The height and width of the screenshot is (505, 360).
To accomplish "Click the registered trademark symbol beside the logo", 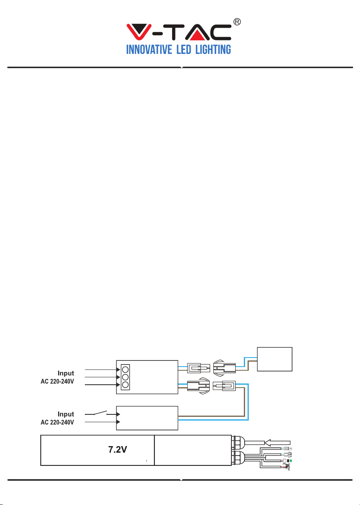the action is pos(237,22).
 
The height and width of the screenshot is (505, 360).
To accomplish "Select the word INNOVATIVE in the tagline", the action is pos(149,49).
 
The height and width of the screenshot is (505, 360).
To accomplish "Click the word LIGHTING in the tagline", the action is pos(213,49).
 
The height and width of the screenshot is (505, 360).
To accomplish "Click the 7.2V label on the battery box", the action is pos(117,449).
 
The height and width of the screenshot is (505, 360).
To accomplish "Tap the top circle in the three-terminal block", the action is pos(125,370).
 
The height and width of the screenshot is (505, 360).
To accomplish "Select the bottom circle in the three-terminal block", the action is pos(125,385).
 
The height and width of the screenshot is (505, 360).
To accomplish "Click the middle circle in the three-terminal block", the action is pos(125,377).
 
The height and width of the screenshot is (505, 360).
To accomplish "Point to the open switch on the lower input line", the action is pos(101,413).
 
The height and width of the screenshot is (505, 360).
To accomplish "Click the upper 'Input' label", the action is pos(66,373).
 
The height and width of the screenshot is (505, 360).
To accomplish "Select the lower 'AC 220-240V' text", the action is pos(57,422).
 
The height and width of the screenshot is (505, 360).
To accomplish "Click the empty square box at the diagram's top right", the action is pos(275,359).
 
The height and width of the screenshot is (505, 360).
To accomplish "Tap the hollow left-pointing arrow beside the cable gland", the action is pos(277,442).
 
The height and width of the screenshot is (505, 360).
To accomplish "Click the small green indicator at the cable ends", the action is pos(291,461).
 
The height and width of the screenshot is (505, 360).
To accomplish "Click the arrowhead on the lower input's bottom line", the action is pos(118,421).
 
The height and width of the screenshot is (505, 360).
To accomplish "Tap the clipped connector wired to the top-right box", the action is pos(224,368).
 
